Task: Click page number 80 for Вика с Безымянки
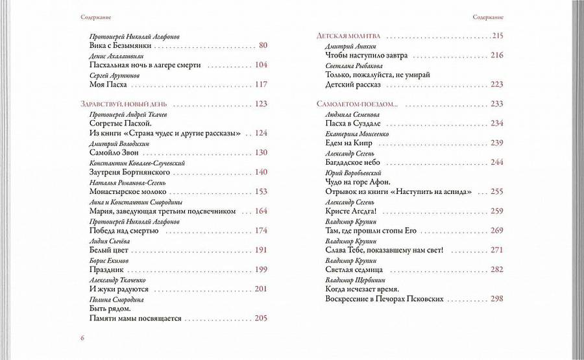tap(262, 45)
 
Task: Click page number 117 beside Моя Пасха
tap(262, 84)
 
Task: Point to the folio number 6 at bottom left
tap(82, 338)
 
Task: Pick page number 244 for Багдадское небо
tap(497, 162)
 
